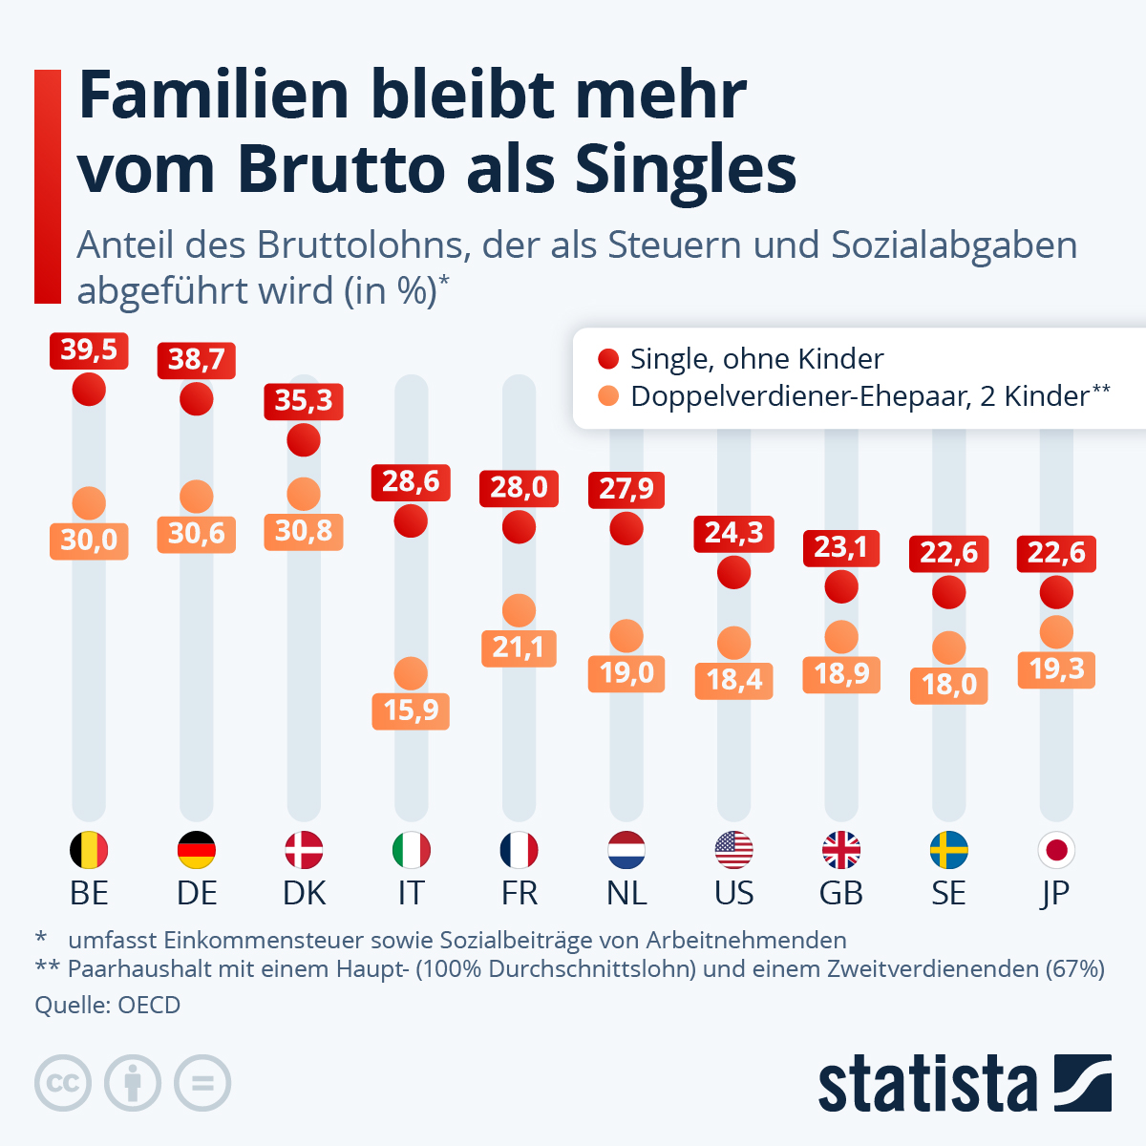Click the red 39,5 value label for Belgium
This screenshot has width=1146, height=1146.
click(x=89, y=350)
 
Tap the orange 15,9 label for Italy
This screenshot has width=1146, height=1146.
click(x=411, y=711)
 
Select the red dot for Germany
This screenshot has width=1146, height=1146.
click(x=197, y=398)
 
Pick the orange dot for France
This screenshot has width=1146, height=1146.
click(x=519, y=611)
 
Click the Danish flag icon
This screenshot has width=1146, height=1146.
click(x=304, y=850)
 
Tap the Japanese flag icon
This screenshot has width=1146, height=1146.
click(x=1056, y=850)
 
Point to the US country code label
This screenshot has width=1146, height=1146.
click(x=733, y=893)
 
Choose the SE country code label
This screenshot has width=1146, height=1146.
click(x=948, y=893)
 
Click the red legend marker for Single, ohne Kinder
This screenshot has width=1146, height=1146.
click(x=608, y=359)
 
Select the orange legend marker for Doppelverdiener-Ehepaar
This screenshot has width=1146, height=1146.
click(x=608, y=395)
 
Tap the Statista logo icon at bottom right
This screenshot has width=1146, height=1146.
click(x=1082, y=1083)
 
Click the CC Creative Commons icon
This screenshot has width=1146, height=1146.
click(x=63, y=1083)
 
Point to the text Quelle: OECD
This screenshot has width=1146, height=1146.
click(x=107, y=1005)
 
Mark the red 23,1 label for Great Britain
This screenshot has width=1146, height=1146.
click(x=841, y=548)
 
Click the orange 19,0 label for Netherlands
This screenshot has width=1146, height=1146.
click(x=626, y=673)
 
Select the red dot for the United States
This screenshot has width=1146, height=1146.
click(x=733, y=572)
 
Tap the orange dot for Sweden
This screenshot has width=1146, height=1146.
click(x=948, y=648)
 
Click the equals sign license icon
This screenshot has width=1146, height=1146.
click(x=202, y=1083)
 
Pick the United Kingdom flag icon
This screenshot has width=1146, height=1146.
click(x=841, y=850)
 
